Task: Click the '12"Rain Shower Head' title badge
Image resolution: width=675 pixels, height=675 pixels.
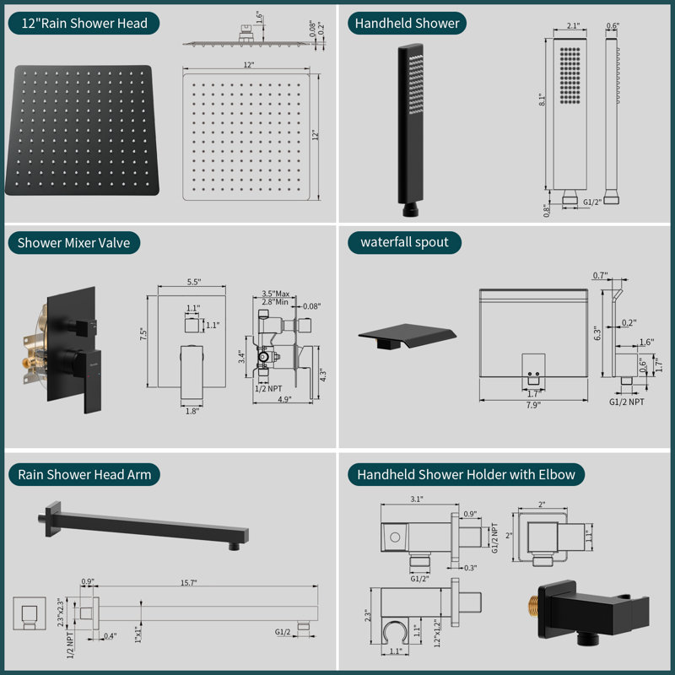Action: coord(84,24)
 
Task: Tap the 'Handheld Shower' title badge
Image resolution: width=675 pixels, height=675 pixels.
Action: coord(407,24)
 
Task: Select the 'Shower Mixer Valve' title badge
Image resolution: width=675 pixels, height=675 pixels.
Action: coord(74,243)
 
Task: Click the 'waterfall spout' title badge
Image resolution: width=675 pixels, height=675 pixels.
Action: coord(404,242)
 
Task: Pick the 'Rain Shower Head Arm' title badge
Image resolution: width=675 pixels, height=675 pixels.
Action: coord(84,474)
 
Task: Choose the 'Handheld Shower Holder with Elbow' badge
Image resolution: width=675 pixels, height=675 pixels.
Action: coord(467,474)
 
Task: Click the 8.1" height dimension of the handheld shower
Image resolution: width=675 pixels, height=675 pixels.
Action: coord(543,100)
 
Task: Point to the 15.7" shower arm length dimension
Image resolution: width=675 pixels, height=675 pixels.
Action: coord(188,582)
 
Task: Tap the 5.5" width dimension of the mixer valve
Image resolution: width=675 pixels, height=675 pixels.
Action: coord(194,282)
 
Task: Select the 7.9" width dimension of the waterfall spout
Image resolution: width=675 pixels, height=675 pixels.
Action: coord(533,405)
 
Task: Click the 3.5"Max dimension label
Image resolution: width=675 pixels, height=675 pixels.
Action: coord(276,294)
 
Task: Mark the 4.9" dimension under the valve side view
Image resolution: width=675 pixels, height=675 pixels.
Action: coord(284,399)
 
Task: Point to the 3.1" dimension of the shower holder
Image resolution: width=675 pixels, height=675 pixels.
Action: coord(417,499)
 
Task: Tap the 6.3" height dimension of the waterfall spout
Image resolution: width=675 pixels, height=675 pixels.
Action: coord(597,333)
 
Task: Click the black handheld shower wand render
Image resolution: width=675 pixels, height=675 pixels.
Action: coord(411,130)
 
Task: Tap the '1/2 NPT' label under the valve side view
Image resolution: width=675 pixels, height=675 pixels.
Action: coord(268,389)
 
